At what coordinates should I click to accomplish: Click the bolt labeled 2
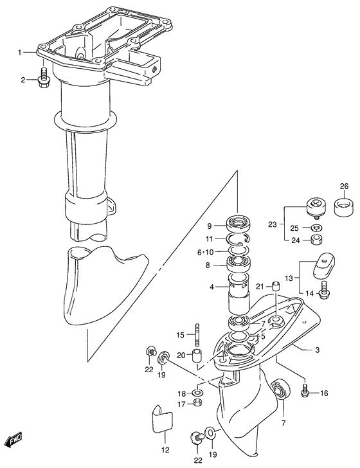pyautogui.click(x=44, y=78)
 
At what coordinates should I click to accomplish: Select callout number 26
pyautogui.click(x=344, y=186)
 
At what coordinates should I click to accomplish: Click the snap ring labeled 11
pyautogui.click(x=238, y=239)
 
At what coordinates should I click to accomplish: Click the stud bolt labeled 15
pyautogui.click(x=197, y=334)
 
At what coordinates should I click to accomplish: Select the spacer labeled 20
pyautogui.click(x=197, y=355)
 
